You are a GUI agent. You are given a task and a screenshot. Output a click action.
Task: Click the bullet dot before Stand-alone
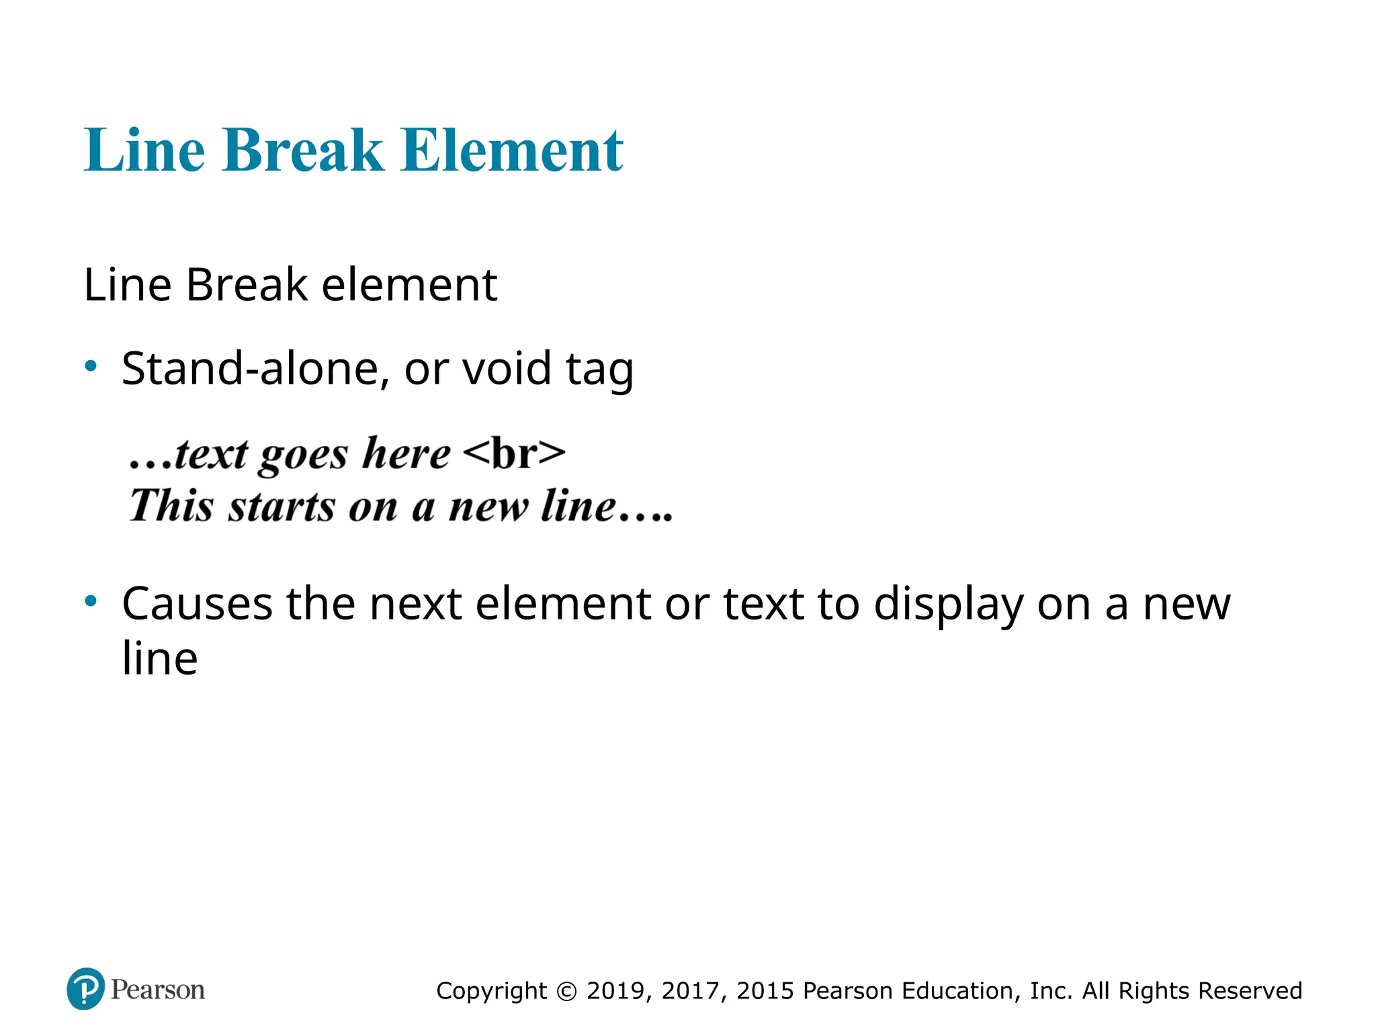pos(91,366)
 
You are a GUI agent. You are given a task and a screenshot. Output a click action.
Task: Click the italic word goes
pos(304,456)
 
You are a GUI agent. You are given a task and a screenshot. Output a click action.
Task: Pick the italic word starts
pos(281,507)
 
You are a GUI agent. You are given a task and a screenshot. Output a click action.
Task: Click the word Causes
pos(197,603)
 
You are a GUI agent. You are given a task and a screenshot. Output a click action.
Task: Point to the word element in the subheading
pos(409,285)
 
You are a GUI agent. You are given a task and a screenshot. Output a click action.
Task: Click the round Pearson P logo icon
pos(86,988)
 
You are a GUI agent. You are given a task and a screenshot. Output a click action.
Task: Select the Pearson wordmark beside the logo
pos(158,990)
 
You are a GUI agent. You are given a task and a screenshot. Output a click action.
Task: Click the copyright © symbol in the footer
pos(567,991)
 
